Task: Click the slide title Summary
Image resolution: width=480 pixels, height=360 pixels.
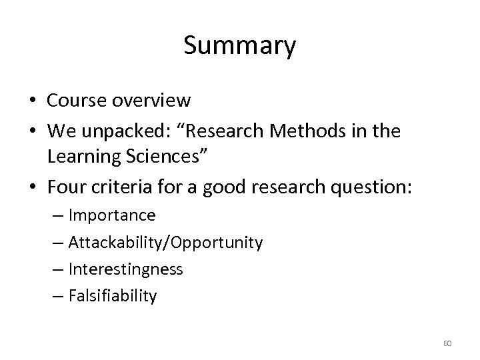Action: click(239, 47)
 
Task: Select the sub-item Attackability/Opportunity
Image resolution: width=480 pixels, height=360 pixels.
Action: click(165, 243)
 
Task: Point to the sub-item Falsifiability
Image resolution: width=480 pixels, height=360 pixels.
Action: click(113, 295)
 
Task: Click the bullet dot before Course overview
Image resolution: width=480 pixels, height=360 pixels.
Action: click(31, 101)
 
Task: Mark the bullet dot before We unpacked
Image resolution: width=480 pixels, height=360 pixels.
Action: click(31, 132)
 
